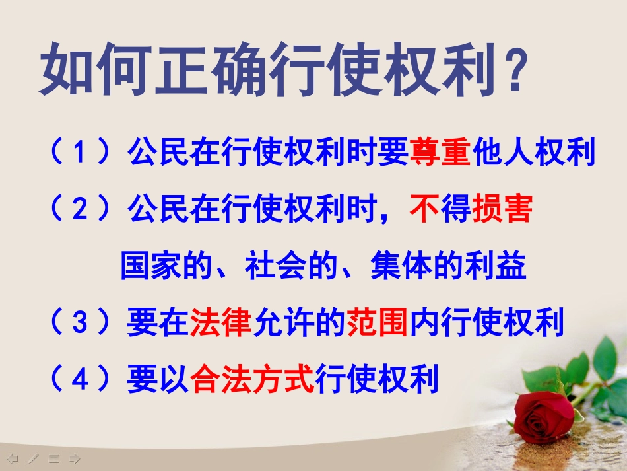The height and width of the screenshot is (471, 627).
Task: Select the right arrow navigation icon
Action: (75, 458)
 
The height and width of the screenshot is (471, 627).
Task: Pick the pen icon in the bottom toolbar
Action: (33, 458)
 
